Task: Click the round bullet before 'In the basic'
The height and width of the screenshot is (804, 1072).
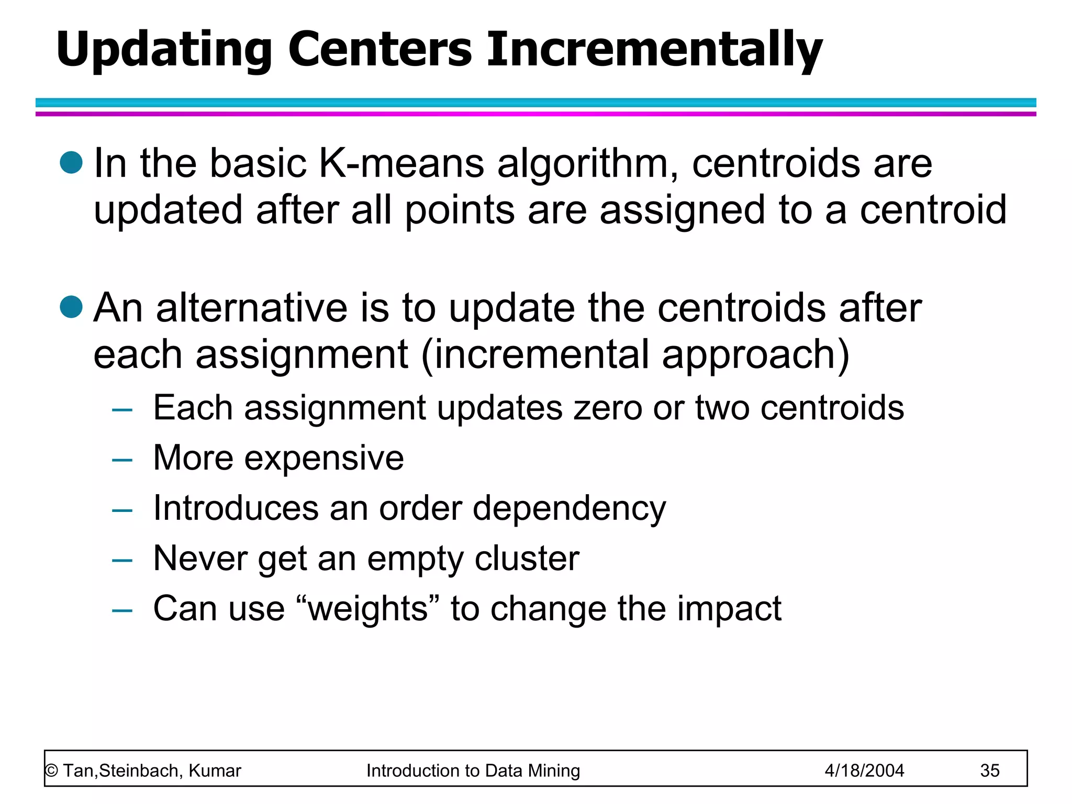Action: point(72,162)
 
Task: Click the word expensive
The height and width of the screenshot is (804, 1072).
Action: point(324,459)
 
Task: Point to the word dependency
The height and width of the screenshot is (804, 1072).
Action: point(569,509)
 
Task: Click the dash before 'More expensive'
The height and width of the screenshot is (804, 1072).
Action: point(122,460)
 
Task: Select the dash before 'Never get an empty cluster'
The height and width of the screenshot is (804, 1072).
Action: point(122,561)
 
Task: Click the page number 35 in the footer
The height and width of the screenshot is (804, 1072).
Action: point(990,770)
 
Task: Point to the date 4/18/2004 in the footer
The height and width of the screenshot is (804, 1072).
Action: point(864,770)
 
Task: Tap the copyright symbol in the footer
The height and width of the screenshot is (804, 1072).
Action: point(51,770)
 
